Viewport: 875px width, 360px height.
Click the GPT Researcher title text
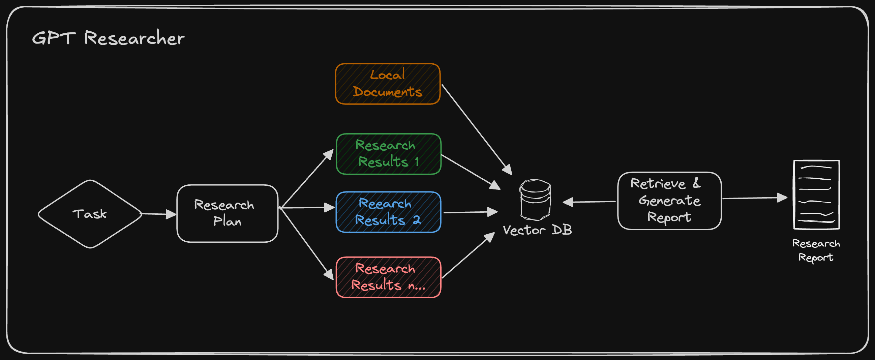tap(108, 38)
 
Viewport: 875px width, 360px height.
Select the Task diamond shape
tap(90, 214)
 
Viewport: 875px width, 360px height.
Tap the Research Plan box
tap(227, 213)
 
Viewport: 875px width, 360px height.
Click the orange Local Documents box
tap(388, 84)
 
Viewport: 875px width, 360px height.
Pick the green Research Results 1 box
tap(388, 154)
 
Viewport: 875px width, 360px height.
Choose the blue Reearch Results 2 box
tap(388, 212)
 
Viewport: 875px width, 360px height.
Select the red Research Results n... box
tap(388, 277)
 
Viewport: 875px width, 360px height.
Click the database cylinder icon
tap(535, 200)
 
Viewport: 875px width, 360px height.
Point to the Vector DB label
tap(537, 230)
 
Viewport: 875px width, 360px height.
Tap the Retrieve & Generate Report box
tap(669, 201)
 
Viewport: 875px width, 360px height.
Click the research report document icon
tap(816, 195)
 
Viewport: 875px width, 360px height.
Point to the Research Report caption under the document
tap(816, 250)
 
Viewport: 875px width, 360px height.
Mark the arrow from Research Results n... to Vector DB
tap(467, 256)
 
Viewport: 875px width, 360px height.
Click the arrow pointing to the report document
tap(754, 198)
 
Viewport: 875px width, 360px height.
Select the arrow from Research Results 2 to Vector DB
tap(470, 212)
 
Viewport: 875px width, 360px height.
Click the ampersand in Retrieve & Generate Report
tap(696, 183)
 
